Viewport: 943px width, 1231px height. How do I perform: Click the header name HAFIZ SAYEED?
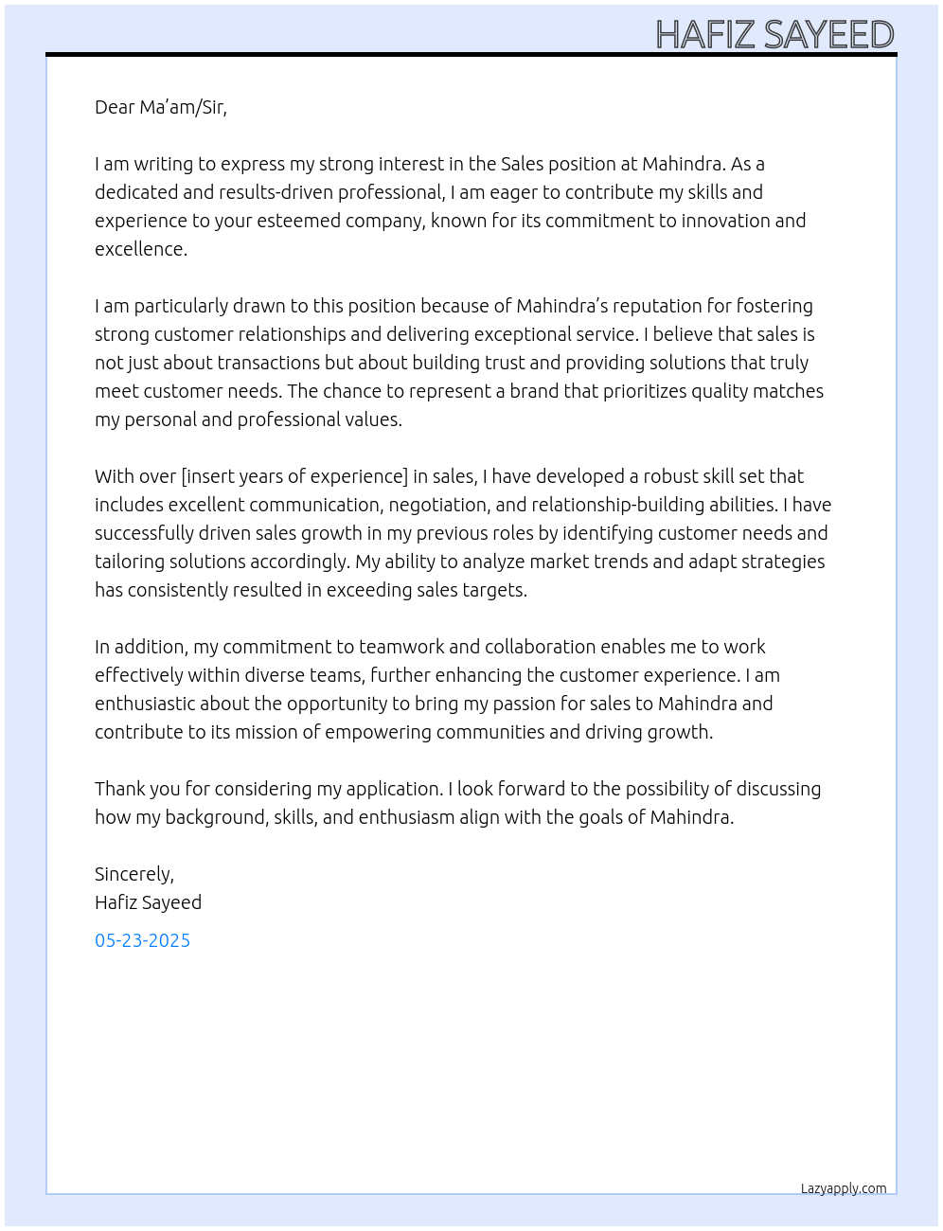[x=774, y=34]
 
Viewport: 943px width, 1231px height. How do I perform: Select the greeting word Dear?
[x=115, y=107]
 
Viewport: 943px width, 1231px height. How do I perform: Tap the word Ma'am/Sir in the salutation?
[x=183, y=107]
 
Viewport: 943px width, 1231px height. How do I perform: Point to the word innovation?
[x=724, y=221]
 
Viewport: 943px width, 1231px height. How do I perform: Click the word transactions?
[x=268, y=363]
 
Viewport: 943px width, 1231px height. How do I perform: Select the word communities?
[x=489, y=732]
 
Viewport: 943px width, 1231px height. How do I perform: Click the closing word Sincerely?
[x=133, y=874]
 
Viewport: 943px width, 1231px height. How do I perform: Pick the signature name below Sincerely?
[x=148, y=902]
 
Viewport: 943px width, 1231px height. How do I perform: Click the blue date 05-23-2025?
[x=142, y=940]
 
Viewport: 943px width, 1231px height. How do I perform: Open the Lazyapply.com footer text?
[x=844, y=1188]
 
